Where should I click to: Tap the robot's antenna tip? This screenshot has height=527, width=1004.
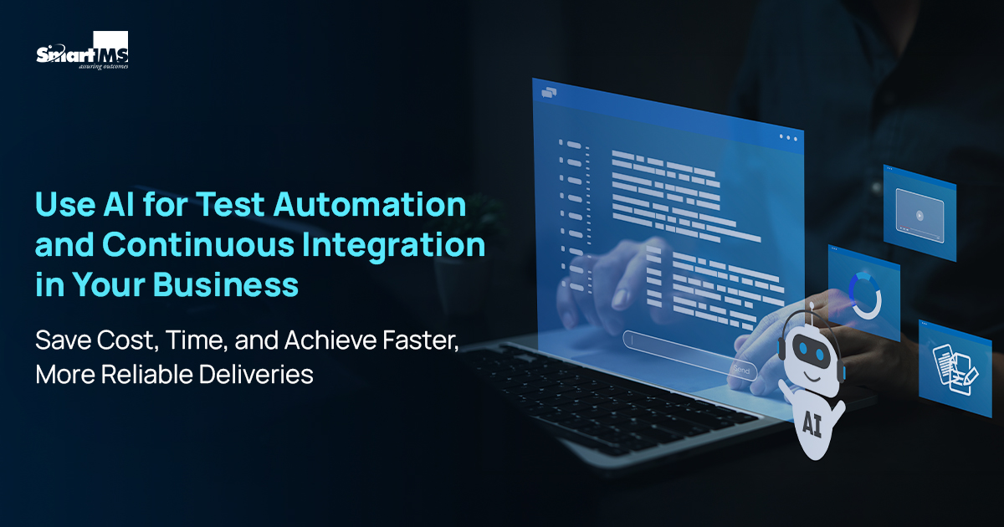click(809, 313)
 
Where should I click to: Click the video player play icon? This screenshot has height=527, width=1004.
click(919, 215)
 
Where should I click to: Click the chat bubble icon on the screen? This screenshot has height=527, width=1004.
click(549, 92)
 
